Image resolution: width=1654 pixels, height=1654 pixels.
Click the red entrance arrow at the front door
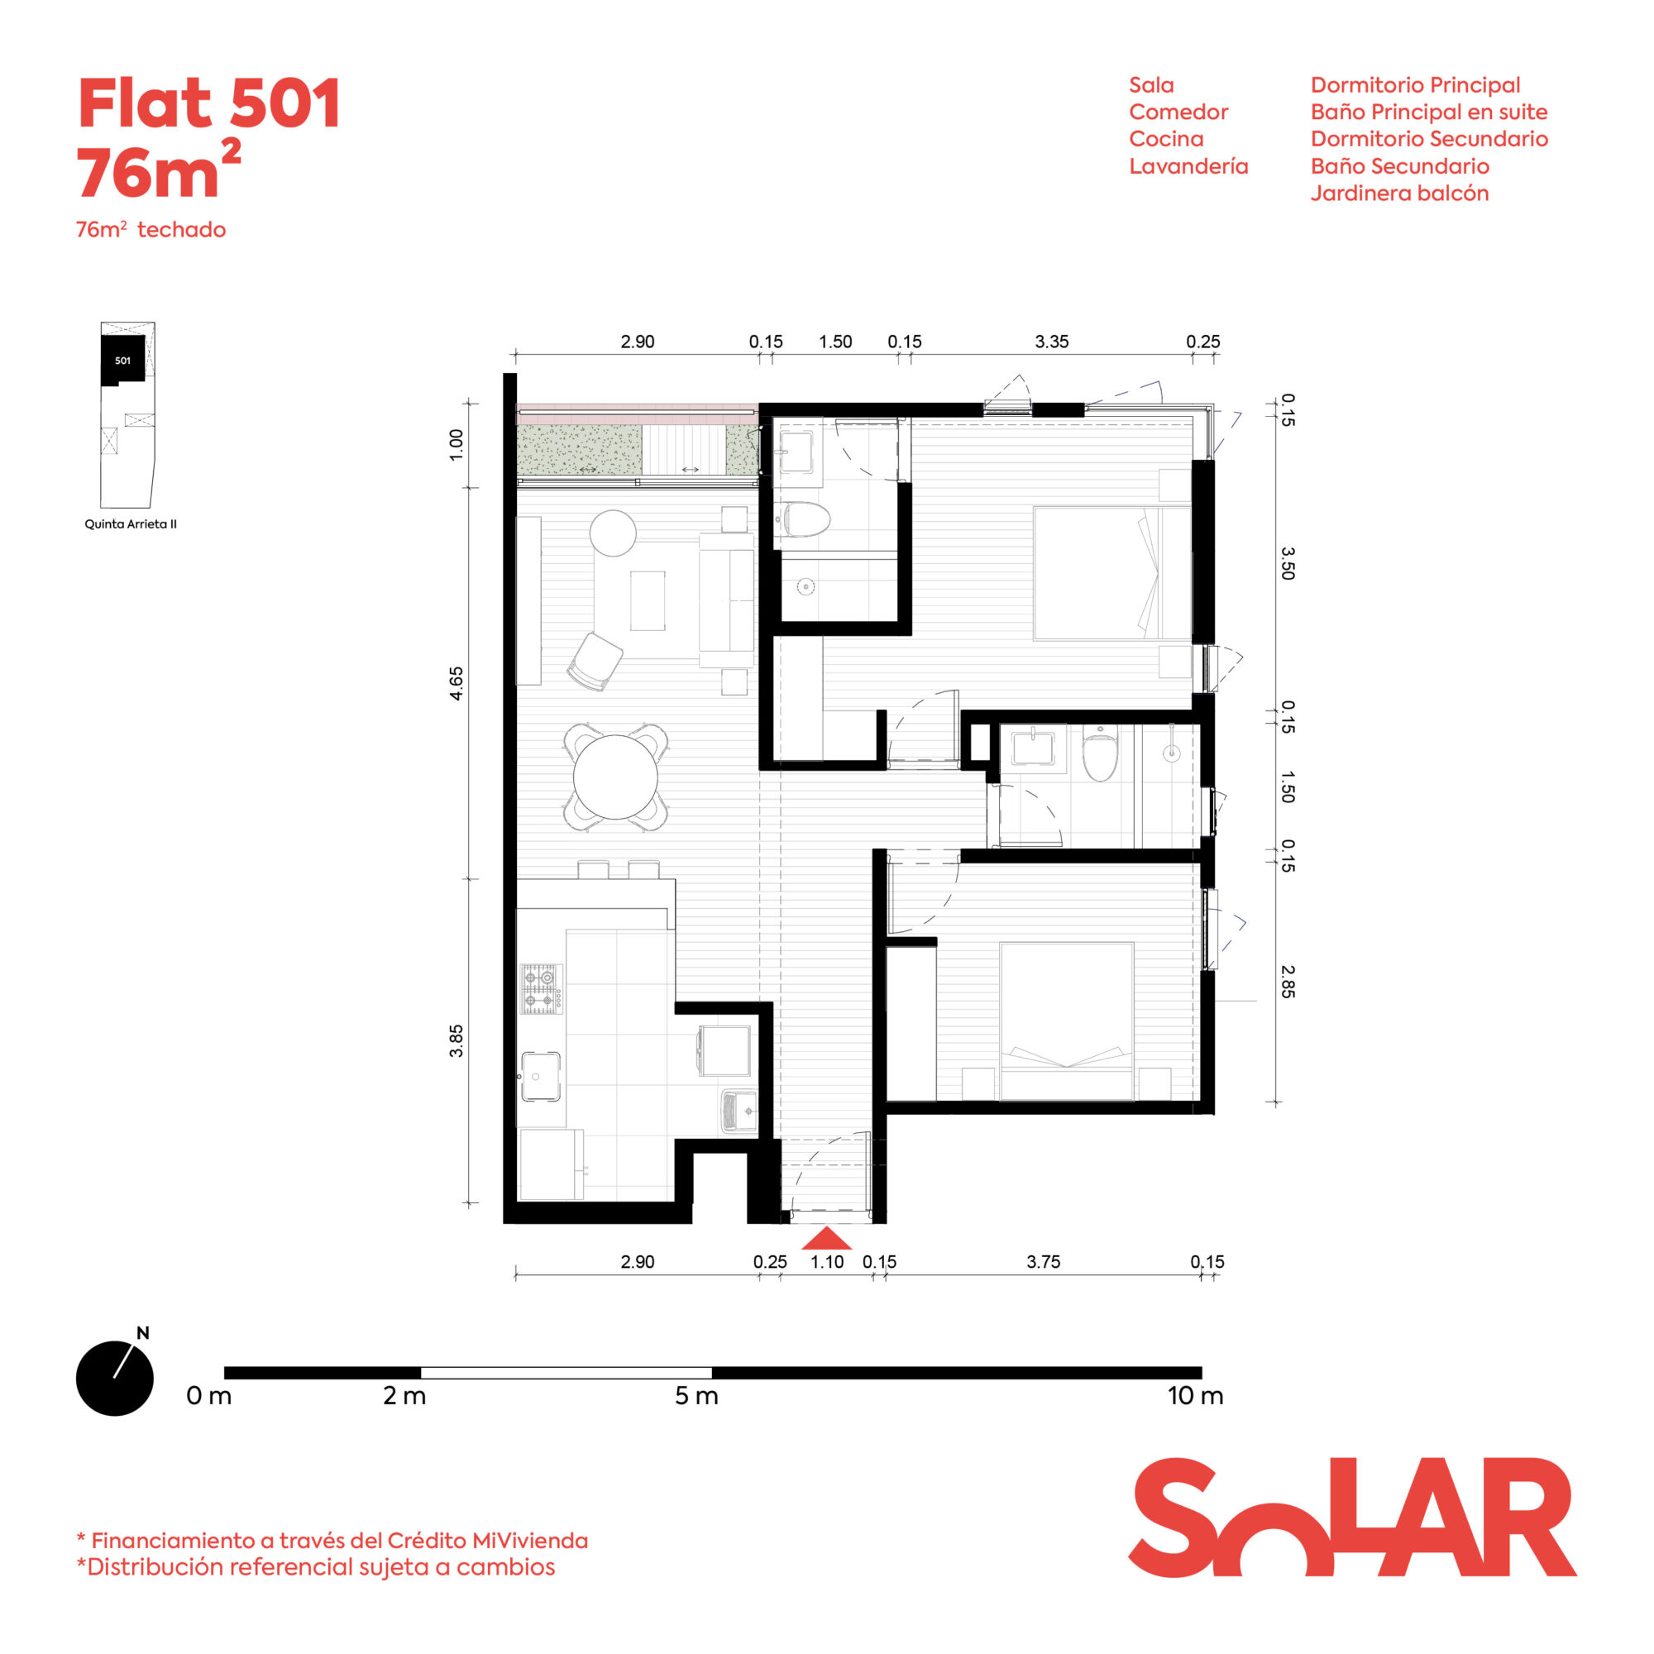(826, 1238)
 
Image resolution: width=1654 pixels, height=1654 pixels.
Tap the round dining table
(614, 777)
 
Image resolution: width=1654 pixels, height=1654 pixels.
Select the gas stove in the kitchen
(541, 989)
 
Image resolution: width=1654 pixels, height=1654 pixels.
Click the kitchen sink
(541, 1076)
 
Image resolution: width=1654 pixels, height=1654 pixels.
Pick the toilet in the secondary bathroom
(1099, 753)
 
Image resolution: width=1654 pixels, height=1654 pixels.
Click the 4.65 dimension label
(457, 683)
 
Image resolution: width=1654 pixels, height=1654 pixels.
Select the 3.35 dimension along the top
(1051, 342)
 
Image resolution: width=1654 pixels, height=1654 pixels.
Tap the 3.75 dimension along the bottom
(1043, 1262)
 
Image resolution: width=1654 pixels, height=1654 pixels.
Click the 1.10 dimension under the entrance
(827, 1262)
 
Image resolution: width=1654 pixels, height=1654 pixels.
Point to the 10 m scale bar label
(1195, 1395)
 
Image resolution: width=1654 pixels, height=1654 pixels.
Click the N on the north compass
(143, 1333)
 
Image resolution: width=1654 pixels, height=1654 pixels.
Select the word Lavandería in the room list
(1188, 166)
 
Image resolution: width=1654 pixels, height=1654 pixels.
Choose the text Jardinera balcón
(1399, 194)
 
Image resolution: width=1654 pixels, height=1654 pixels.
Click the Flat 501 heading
(210, 103)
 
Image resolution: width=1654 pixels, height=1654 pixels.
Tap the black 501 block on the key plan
(122, 360)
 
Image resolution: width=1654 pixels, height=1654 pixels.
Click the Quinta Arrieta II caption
(130, 524)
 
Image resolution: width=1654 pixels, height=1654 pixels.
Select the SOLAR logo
(1352, 1517)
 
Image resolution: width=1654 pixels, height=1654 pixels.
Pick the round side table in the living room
(613, 533)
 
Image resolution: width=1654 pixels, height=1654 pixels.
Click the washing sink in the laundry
(739, 1111)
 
